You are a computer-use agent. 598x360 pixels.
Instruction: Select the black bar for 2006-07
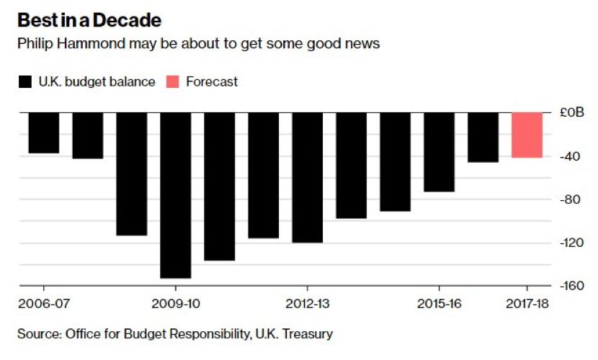click(x=44, y=133)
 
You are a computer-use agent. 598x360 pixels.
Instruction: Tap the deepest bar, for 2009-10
click(x=176, y=194)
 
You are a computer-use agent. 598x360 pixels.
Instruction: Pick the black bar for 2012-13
click(x=308, y=177)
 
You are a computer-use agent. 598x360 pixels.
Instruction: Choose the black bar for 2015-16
click(x=439, y=152)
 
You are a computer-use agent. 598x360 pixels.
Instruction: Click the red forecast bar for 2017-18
click(x=527, y=135)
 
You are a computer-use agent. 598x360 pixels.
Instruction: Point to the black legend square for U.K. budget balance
click(x=25, y=82)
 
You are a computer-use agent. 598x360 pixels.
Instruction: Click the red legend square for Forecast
click(x=173, y=82)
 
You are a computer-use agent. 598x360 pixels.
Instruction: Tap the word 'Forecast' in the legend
click(x=212, y=82)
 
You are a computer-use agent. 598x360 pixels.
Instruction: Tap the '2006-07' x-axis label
click(x=44, y=305)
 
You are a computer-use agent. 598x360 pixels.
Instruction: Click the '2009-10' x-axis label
click(x=176, y=305)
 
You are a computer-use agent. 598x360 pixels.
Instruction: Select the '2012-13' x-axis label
click(x=308, y=305)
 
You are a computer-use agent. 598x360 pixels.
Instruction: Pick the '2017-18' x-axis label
click(x=527, y=305)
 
